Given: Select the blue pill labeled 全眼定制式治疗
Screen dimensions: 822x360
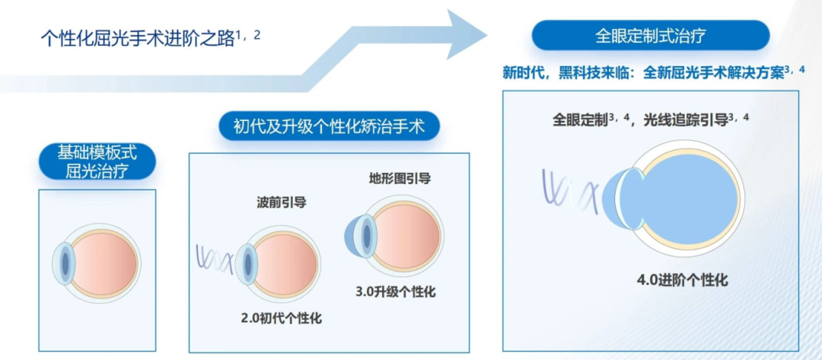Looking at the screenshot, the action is click(x=651, y=35).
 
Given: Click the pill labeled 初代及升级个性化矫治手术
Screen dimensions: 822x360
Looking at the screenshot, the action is click(x=328, y=127).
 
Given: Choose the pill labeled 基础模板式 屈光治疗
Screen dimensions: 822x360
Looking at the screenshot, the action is click(x=97, y=162).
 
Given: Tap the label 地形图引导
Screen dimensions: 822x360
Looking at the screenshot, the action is click(x=400, y=179).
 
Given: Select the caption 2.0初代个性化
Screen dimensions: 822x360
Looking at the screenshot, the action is click(x=281, y=318).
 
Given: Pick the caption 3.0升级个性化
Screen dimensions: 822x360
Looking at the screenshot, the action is click(x=395, y=292).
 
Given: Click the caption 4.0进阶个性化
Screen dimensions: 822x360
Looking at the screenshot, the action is click(x=682, y=280).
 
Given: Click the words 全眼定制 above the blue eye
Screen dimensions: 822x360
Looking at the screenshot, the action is click(x=579, y=120).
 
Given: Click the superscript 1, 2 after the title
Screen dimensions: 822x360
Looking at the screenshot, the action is click(x=247, y=37).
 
